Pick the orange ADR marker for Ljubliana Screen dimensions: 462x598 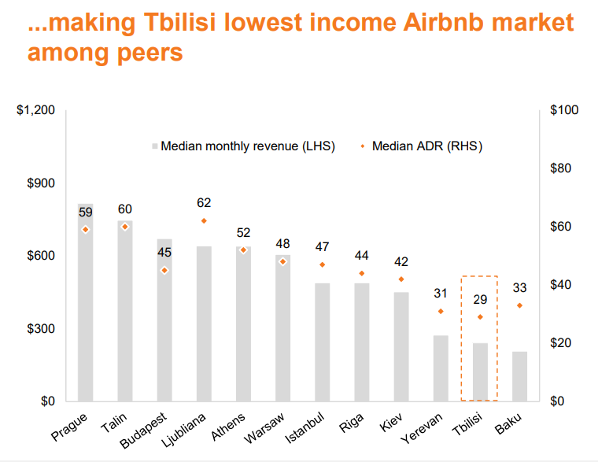(204, 221)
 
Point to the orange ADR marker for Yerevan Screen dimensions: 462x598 (441, 311)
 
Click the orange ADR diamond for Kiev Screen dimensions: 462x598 (401, 279)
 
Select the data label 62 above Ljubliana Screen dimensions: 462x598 (204, 203)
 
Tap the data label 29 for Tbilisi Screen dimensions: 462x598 (480, 299)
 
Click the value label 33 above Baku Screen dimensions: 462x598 (519, 287)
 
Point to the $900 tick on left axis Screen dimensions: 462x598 (39, 183)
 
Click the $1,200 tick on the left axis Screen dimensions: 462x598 (35, 110)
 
